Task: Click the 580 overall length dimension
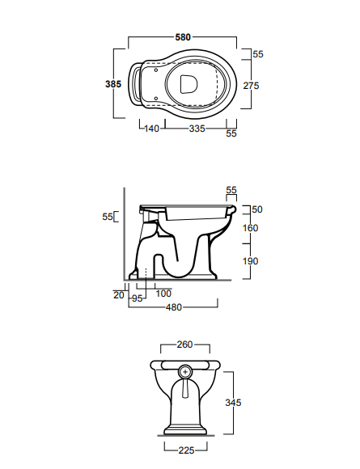(183, 37)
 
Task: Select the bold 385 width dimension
(113, 84)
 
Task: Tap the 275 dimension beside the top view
(251, 86)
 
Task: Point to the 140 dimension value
(152, 129)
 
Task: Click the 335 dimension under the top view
(197, 129)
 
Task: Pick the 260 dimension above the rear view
(184, 344)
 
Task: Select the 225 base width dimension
(186, 450)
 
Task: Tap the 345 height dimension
(233, 403)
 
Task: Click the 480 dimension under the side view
(174, 307)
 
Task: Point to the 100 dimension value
(163, 294)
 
